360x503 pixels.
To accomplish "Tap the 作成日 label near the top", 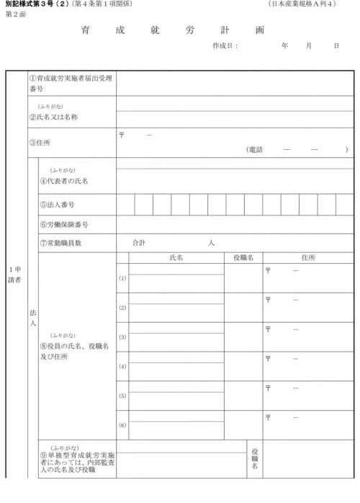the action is point(225,45).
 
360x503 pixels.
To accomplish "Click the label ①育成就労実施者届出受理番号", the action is point(71,82).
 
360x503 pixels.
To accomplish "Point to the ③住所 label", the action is point(40,143).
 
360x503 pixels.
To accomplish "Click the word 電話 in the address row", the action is point(256,150).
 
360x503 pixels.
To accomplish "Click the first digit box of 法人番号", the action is point(125,205).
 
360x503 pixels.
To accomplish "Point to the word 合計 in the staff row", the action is point(140,243).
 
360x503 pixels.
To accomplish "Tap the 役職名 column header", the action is point(243,257).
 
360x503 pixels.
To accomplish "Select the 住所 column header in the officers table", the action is point(308,257).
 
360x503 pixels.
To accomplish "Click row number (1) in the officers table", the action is point(122,278).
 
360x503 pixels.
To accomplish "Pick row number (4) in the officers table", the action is point(122,367).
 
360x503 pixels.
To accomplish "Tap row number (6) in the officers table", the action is point(122,425).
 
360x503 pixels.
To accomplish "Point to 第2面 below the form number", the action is point(14,14).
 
